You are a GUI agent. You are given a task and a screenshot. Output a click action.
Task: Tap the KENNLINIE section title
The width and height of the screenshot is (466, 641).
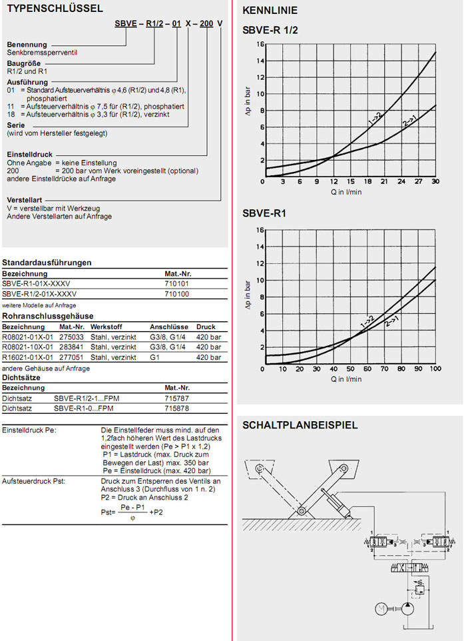click(270, 11)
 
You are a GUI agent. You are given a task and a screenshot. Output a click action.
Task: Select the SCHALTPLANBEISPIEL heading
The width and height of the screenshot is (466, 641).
click(300, 425)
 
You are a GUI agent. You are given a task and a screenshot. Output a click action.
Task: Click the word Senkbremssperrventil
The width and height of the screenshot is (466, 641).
click(38, 51)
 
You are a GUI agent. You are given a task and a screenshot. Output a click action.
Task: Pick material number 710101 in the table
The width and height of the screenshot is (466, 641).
click(176, 283)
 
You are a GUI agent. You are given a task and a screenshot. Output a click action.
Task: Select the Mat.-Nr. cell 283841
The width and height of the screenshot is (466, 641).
click(71, 347)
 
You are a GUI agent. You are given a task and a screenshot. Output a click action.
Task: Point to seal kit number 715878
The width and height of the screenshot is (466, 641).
click(176, 407)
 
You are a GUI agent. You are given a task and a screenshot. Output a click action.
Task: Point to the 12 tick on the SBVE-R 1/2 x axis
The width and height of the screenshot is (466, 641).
click(334, 181)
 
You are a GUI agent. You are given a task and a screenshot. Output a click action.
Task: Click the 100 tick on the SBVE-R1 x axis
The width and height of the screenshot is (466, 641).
click(435, 368)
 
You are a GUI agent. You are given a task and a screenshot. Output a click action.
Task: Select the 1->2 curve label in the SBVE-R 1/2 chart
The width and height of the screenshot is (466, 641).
click(374, 120)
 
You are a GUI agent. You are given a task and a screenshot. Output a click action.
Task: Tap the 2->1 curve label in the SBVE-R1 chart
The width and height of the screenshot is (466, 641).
click(391, 320)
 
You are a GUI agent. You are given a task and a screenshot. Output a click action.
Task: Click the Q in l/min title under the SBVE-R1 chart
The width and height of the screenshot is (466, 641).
click(346, 378)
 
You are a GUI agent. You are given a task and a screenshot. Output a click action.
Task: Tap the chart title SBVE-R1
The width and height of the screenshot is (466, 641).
click(264, 214)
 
